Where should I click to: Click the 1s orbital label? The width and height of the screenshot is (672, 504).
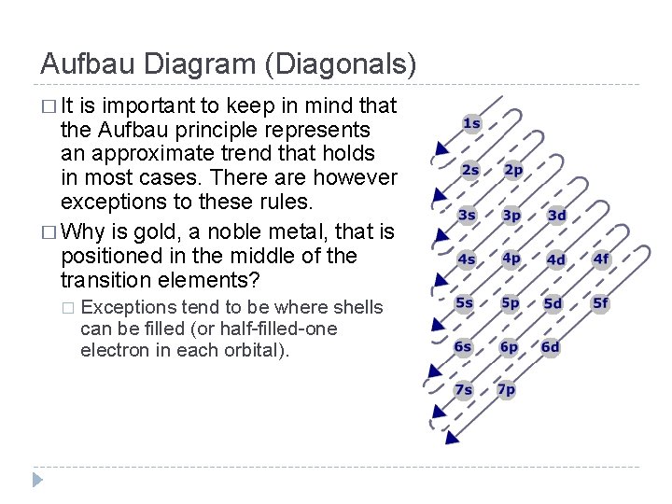[471, 123]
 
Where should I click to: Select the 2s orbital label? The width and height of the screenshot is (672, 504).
[469, 170]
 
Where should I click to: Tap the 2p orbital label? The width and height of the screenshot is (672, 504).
[513, 170]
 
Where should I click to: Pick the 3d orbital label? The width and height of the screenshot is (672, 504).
[556, 216]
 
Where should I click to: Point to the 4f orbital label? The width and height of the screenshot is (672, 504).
[601, 259]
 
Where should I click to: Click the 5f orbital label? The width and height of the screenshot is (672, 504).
[600, 302]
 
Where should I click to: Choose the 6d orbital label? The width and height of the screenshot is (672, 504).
[551, 346]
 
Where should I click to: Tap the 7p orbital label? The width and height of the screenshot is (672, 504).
[507, 389]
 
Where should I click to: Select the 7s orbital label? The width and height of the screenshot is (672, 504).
[464, 389]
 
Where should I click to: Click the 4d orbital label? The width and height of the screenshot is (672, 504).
[556, 259]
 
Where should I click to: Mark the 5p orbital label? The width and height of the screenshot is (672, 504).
[511, 302]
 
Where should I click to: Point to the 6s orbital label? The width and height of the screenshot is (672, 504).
[464, 346]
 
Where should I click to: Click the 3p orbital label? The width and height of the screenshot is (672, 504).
[511, 215]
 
